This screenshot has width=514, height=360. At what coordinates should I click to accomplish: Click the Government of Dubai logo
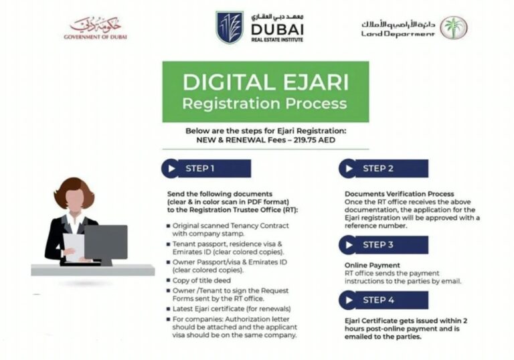pyautogui.click(x=96, y=28)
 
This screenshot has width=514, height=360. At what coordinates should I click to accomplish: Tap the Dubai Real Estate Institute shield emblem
pyautogui.click(x=230, y=27)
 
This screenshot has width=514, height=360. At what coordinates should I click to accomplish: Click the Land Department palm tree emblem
pyautogui.click(x=454, y=27)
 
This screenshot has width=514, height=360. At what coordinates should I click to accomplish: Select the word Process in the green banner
pyautogui.click(x=316, y=104)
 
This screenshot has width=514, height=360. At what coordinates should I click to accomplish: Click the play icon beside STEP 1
pyautogui.click(x=171, y=169)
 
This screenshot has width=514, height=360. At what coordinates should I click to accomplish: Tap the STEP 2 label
pyautogui.click(x=377, y=169)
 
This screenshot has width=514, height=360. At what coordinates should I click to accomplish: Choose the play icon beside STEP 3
pyautogui.click(x=349, y=245)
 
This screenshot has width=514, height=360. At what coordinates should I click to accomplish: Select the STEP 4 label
pyautogui.click(x=378, y=300)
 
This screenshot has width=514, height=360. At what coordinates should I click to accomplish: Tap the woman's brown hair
pyautogui.click(x=74, y=192)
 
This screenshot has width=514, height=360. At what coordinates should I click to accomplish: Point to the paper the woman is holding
pyautogui.click(x=74, y=247)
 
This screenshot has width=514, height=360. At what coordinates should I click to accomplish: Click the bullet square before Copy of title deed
pyautogui.click(x=169, y=280)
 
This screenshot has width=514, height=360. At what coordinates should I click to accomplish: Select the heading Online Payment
pyautogui.click(x=372, y=265)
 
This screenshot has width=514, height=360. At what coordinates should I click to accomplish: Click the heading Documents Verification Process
pyautogui.click(x=400, y=194)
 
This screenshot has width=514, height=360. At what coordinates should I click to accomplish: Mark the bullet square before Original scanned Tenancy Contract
pyautogui.click(x=169, y=226)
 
